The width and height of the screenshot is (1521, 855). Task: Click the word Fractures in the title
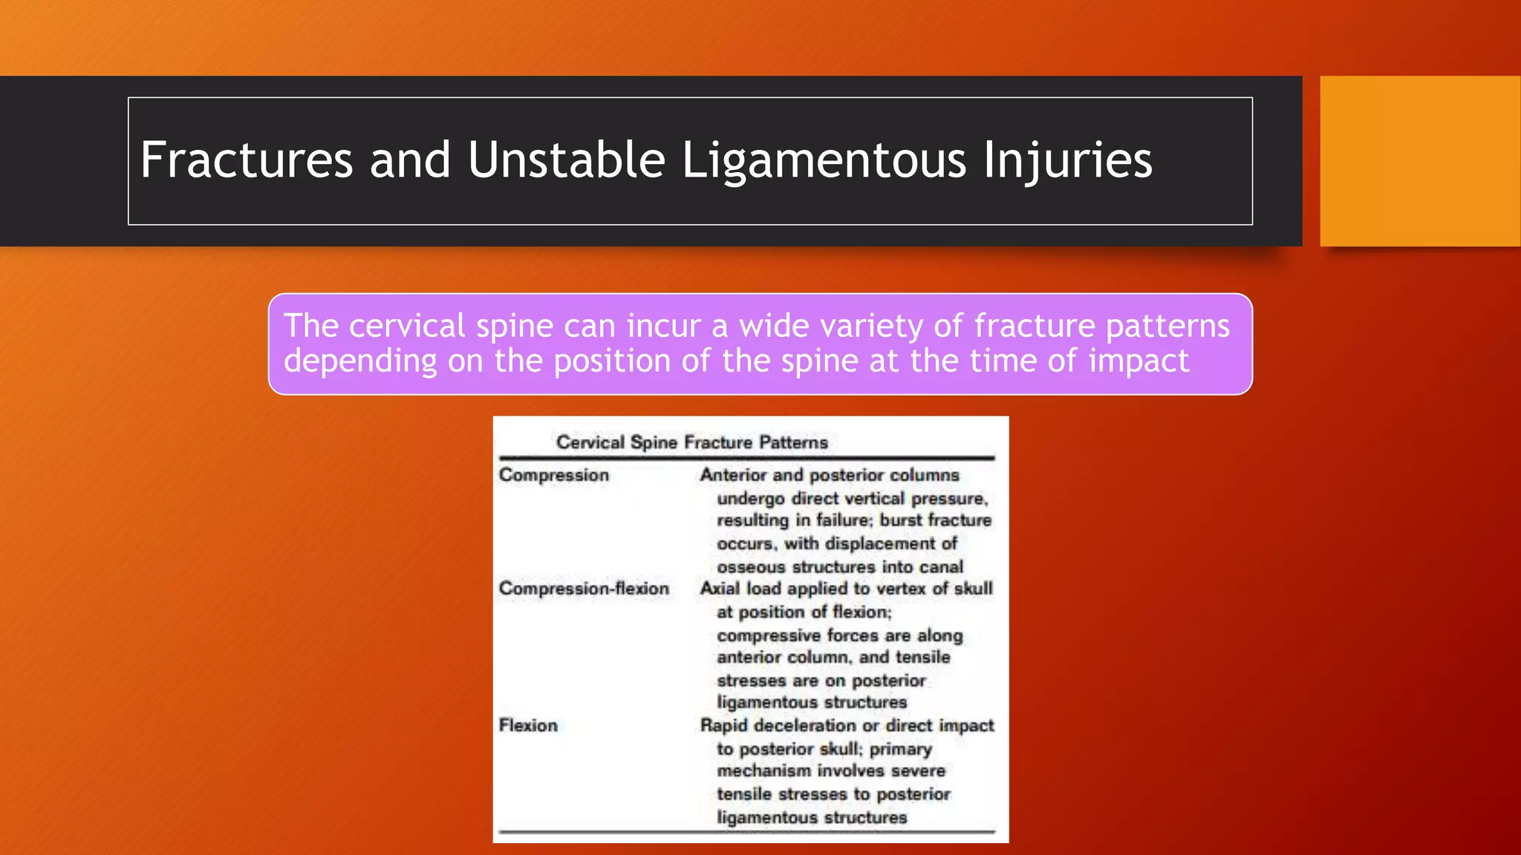coord(246,160)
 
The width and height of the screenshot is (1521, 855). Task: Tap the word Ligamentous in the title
coord(823,160)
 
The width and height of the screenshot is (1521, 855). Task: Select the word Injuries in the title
coord(1067,160)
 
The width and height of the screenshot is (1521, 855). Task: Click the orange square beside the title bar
coord(1419,161)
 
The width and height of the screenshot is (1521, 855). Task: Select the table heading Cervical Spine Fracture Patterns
coord(691,442)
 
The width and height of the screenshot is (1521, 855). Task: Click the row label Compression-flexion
coord(584,589)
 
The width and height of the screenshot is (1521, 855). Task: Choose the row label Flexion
coord(528,725)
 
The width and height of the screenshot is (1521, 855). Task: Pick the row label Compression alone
coord(553,475)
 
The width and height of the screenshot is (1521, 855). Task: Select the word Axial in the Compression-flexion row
coord(720,589)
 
